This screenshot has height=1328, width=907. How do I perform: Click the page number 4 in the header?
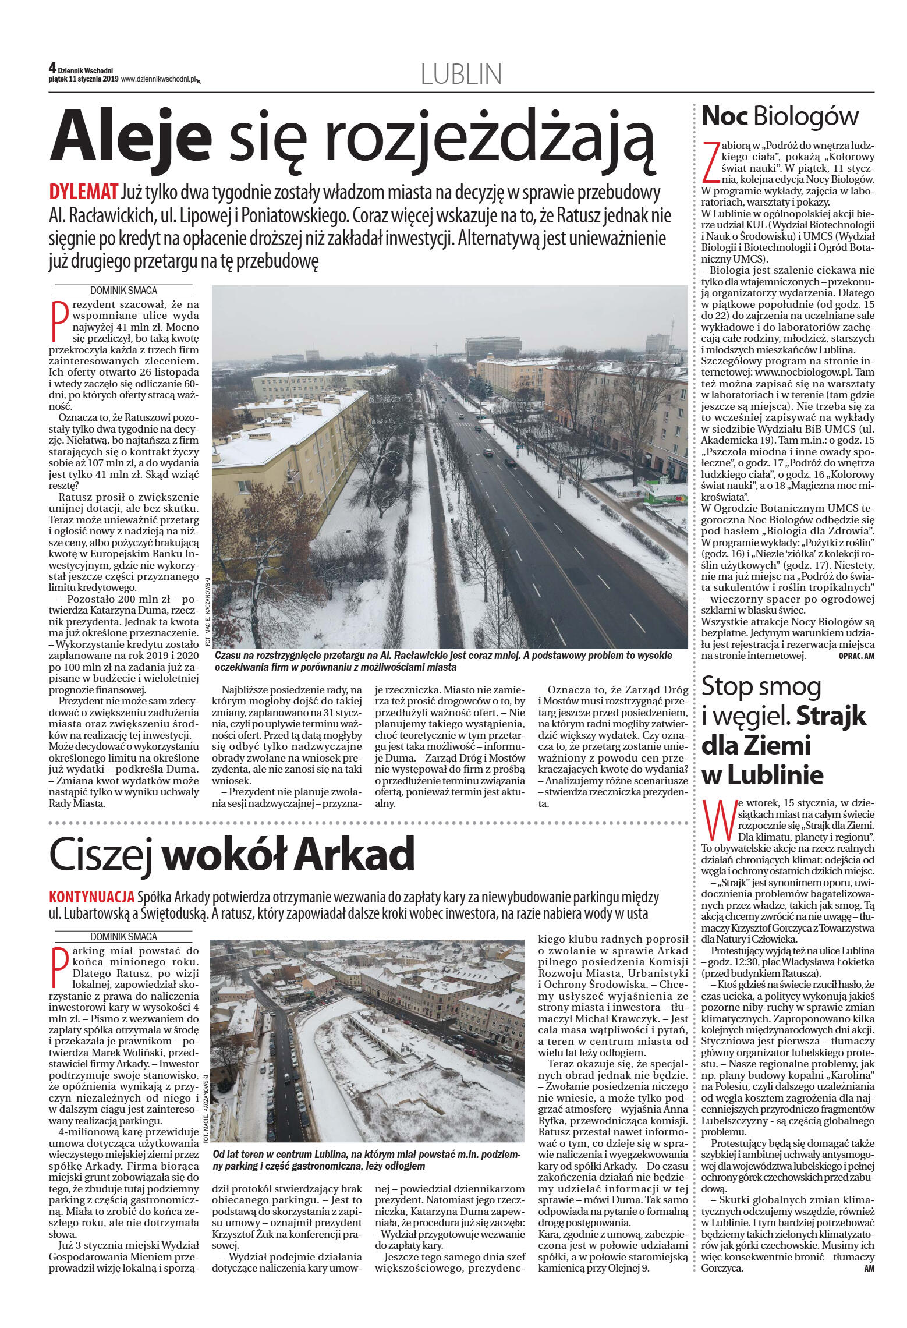click(52, 68)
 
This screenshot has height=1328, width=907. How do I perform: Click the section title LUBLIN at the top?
click(460, 75)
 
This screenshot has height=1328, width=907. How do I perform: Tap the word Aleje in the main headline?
click(130, 137)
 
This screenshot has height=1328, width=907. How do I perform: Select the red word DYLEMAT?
click(84, 193)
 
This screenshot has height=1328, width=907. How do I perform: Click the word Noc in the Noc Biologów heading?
click(725, 116)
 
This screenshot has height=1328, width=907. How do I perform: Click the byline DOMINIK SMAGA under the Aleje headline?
click(123, 291)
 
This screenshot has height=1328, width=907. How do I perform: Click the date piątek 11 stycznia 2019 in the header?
click(83, 79)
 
